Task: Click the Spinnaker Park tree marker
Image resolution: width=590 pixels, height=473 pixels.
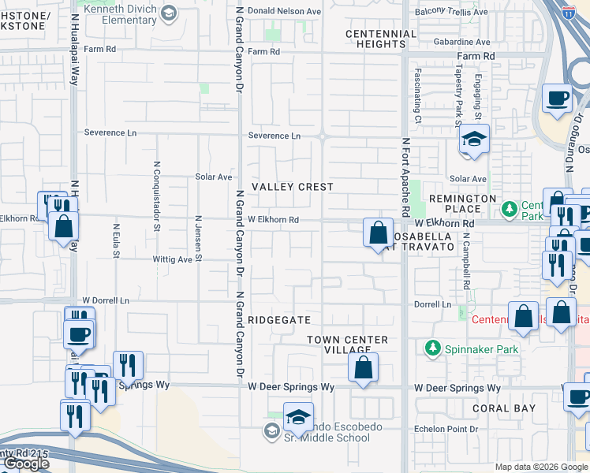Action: (432, 348)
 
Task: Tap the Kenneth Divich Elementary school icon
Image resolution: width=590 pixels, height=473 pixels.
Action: (169, 13)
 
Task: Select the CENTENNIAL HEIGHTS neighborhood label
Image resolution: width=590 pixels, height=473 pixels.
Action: (381, 39)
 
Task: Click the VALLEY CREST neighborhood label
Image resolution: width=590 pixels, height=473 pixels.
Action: (293, 187)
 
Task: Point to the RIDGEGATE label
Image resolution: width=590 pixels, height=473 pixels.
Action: (273, 320)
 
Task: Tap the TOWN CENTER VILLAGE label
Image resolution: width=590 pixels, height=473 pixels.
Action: (347, 345)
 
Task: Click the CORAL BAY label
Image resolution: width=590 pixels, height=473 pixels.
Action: (504, 408)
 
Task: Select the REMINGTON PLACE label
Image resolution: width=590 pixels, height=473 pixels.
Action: (464, 203)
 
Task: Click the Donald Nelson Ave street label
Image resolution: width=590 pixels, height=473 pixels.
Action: (285, 12)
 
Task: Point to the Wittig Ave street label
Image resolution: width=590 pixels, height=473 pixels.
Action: (173, 259)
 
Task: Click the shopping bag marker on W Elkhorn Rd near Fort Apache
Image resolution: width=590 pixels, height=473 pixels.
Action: (379, 233)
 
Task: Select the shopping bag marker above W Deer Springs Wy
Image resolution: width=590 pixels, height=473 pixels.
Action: (363, 367)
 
